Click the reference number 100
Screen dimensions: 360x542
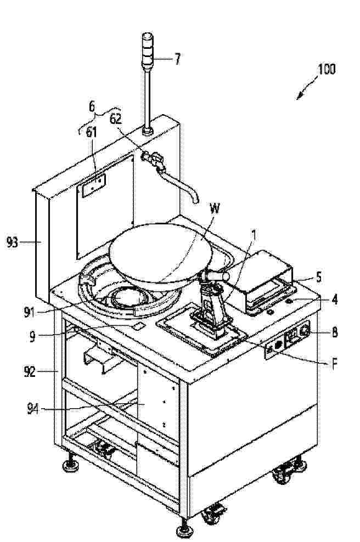pos(327,70)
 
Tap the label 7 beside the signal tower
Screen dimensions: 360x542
pos(177,59)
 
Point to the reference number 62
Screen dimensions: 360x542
pos(116,119)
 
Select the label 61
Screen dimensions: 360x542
pos(91,132)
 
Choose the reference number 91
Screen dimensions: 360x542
pos(30,312)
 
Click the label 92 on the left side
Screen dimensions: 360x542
pos(30,372)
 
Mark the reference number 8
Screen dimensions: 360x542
pos(334,332)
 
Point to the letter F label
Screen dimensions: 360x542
pos(334,364)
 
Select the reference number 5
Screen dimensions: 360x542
pos(318,277)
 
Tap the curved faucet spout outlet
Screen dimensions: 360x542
pos(195,200)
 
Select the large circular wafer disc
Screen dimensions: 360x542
pos(160,253)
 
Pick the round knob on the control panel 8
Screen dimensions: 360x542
pos(305,331)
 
